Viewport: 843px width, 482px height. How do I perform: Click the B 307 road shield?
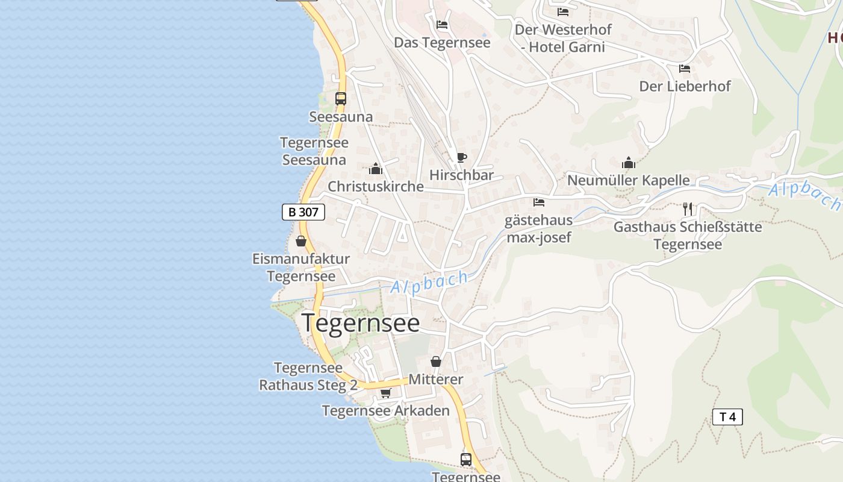[303, 212]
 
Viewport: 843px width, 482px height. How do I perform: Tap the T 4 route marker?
[727, 417]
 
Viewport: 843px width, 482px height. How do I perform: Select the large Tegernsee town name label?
[361, 323]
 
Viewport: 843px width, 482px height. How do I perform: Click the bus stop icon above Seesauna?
[341, 98]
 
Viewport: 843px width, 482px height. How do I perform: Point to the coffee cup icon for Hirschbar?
[461, 158]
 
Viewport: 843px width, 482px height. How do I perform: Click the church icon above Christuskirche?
[376, 169]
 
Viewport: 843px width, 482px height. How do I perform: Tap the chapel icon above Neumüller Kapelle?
[629, 163]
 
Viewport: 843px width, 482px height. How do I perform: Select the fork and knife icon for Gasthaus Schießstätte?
[688, 209]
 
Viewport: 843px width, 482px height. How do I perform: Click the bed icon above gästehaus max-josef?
[539, 202]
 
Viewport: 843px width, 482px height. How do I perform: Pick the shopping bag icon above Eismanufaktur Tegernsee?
[301, 241]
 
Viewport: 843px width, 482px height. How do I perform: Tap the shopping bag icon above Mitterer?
[436, 361]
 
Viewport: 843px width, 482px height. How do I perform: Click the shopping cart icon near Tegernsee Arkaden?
[385, 393]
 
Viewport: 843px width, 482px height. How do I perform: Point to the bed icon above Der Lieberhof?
[685, 69]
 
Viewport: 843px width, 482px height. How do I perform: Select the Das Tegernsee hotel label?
[442, 43]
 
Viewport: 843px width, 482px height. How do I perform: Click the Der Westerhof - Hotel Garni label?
[563, 38]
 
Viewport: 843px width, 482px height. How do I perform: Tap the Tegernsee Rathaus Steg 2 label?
[308, 377]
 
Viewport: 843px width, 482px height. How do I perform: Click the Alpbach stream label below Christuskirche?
[429, 282]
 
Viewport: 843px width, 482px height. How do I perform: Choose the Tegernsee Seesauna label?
[314, 151]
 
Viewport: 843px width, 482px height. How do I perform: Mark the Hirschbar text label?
[461, 175]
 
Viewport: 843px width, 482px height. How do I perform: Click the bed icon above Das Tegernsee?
[442, 25]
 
